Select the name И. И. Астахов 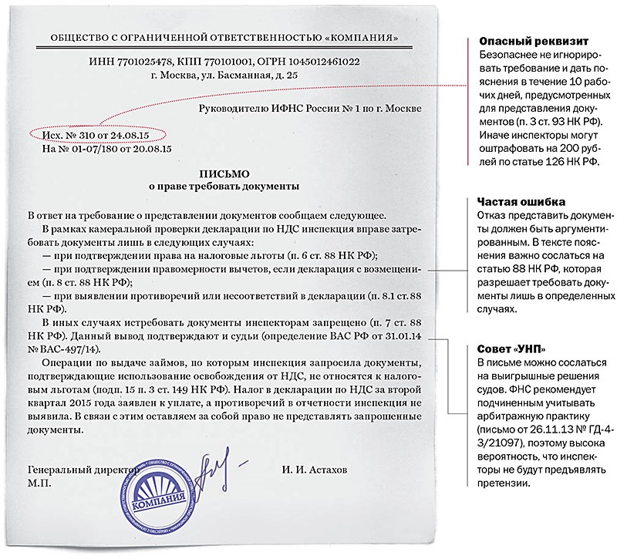(x=321, y=470)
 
